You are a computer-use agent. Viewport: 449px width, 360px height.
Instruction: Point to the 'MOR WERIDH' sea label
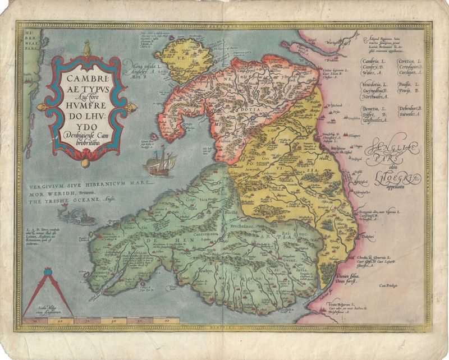[53, 191]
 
